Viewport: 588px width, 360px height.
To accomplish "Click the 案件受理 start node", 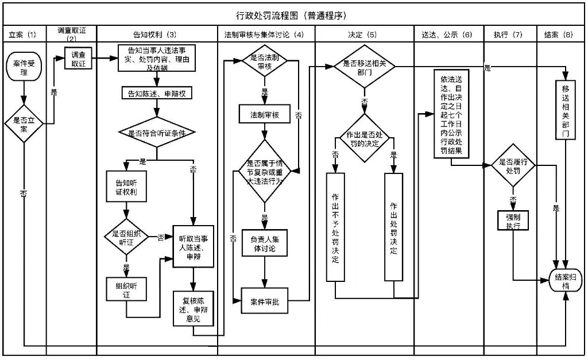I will click(24, 67).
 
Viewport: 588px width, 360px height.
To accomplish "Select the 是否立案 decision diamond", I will click(24, 122).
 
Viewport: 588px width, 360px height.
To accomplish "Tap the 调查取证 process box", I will click(78, 59).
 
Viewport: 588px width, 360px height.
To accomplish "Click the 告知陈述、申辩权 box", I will click(156, 94).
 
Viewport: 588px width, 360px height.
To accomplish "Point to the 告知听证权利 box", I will click(126, 187).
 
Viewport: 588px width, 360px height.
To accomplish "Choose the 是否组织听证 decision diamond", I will click(126, 237).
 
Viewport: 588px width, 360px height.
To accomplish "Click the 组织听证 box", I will click(126, 289).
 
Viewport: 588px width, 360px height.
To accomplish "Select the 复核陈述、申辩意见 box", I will click(194, 308).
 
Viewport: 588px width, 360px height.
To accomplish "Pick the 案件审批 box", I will click(265, 302).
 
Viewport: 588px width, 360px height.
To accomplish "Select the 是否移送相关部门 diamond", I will click(365, 68).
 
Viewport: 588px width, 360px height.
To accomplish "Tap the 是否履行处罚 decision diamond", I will click(513, 166).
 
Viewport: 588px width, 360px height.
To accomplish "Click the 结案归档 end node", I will click(566, 280).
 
